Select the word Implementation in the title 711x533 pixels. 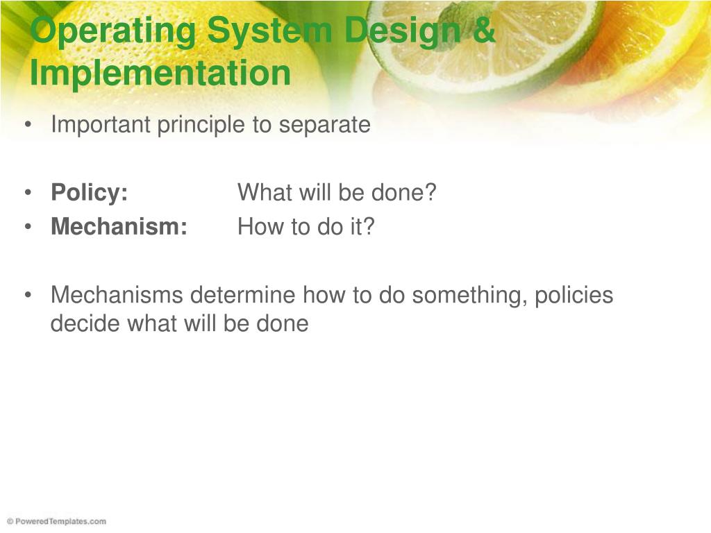click(x=160, y=72)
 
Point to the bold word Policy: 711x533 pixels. click(x=90, y=193)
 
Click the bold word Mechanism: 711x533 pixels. click(x=119, y=226)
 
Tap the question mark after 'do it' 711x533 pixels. click(x=368, y=226)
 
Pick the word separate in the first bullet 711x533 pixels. click(x=325, y=126)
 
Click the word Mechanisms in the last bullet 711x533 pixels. click(x=117, y=294)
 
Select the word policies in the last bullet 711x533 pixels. click(x=574, y=296)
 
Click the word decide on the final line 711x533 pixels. click(x=85, y=323)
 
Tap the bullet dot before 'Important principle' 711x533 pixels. click(x=28, y=125)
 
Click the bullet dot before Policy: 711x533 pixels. click(x=28, y=193)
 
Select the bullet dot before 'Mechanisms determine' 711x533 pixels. click(x=28, y=295)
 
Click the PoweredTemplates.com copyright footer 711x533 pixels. click(x=57, y=522)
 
